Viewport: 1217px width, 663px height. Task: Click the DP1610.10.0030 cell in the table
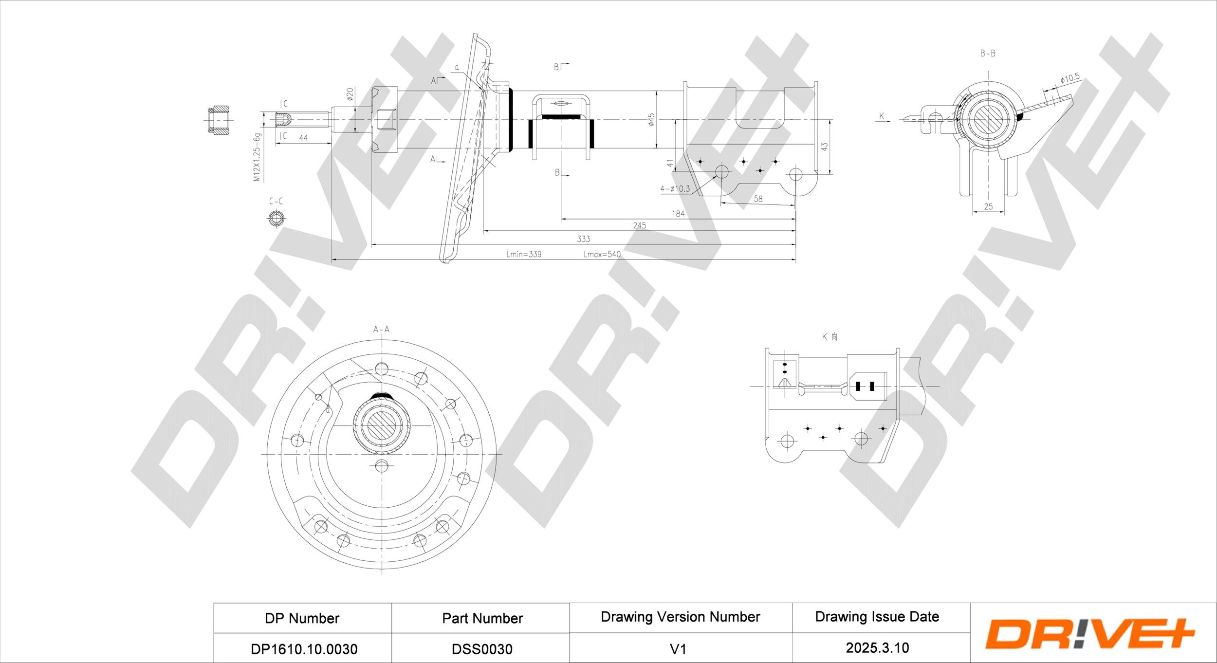(x=304, y=649)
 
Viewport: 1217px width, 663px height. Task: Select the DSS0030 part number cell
(x=482, y=649)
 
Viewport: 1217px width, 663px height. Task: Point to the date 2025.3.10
(x=877, y=647)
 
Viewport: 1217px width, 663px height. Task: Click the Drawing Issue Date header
(x=877, y=616)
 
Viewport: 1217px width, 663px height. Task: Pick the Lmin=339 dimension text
(x=524, y=254)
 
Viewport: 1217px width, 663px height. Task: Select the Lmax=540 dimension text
(x=602, y=254)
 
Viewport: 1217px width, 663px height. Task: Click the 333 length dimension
(x=583, y=239)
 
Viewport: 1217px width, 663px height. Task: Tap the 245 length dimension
(x=640, y=225)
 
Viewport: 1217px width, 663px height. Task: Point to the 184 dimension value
(x=678, y=214)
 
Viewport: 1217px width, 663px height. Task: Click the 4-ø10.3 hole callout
(x=675, y=189)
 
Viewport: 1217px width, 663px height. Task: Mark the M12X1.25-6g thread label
(x=257, y=157)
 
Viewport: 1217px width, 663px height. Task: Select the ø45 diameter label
(x=651, y=119)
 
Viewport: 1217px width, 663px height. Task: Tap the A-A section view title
(x=381, y=330)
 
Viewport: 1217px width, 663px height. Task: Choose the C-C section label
(x=276, y=201)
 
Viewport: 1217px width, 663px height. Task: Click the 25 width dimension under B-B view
(x=988, y=206)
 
